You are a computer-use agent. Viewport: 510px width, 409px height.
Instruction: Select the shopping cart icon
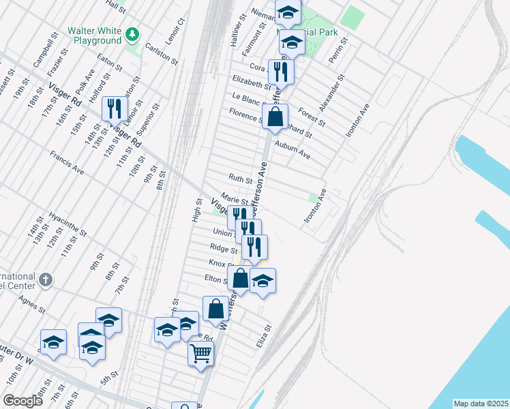click(201, 353)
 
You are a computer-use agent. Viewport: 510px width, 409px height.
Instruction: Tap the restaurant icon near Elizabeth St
click(281, 71)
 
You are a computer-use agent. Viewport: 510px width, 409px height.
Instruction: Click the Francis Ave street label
click(66, 163)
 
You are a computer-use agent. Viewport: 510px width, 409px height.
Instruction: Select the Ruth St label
click(240, 180)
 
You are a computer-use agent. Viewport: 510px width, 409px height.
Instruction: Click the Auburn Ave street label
click(292, 150)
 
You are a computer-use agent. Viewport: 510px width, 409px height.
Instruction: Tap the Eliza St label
click(264, 336)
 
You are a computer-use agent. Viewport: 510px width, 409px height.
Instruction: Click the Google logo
click(23, 401)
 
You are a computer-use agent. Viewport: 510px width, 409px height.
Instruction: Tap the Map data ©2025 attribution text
click(481, 404)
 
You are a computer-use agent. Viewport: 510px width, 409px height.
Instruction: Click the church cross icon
click(46, 279)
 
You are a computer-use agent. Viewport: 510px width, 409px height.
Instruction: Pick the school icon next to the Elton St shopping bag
click(262, 281)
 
